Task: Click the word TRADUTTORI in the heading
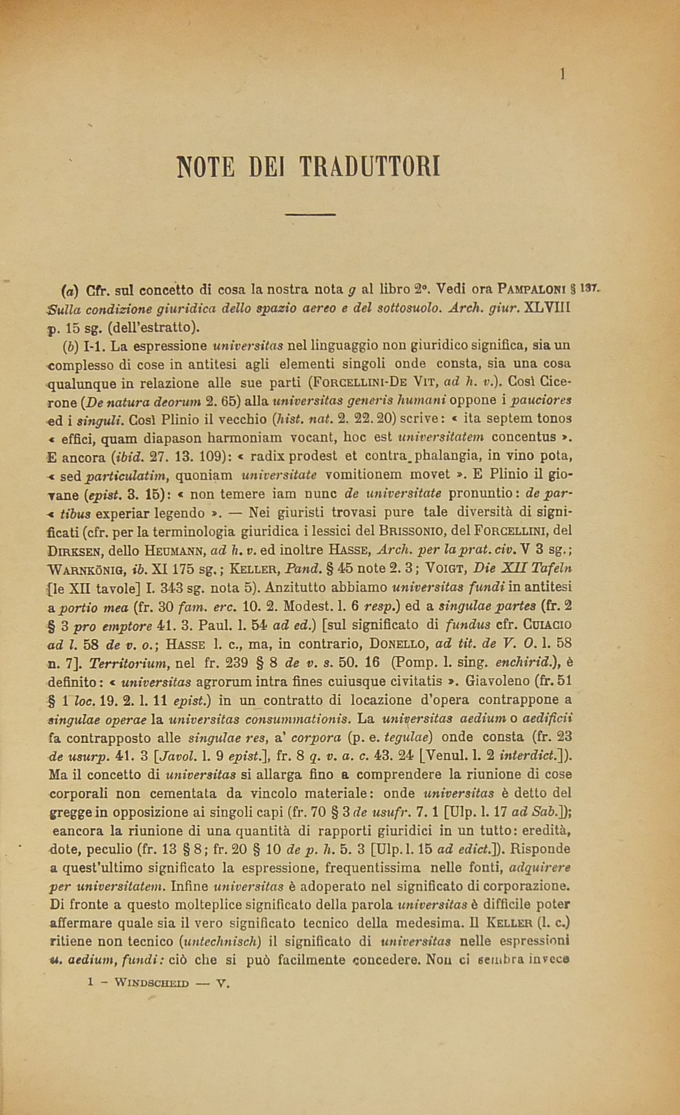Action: click(x=370, y=167)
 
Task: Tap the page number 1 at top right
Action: click(x=562, y=74)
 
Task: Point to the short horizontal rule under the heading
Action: click(x=310, y=215)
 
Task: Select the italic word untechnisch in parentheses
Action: click(x=220, y=941)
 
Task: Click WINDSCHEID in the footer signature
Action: click(x=152, y=983)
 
